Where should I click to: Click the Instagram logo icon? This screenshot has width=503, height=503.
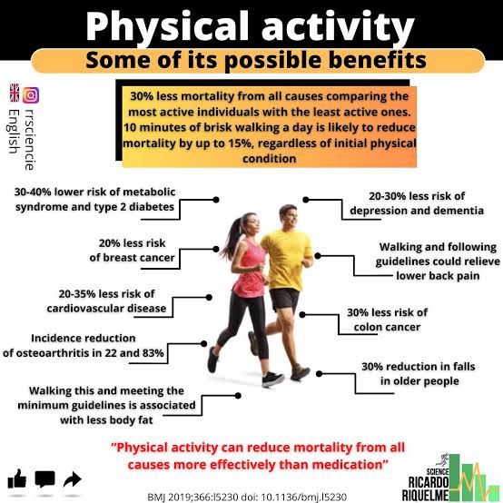pyautogui.click(x=31, y=95)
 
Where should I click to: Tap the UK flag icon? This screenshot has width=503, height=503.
pyautogui.click(x=15, y=93)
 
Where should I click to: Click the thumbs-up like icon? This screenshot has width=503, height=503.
pyautogui.click(x=16, y=478)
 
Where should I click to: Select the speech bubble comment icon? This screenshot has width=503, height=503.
pyautogui.click(x=44, y=479)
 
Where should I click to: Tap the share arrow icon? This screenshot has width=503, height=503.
pyautogui.click(x=73, y=479)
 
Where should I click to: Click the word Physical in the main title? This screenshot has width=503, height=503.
pyautogui.click(x=167, y=26)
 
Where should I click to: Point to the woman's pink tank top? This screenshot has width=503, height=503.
pyautogui.click(x=249, y=268)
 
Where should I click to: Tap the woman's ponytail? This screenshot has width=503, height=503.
pyautogui.click(x=233, y=236)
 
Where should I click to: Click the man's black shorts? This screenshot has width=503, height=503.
pyautogui.click(x=285, y=300)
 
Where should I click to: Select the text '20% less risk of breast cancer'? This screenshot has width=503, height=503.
pyautogui.click(x=133, y=251)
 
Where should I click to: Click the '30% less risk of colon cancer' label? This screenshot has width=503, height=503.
pyautogui.click(x=387, y=320)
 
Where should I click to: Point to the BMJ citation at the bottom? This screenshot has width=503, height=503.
pyautogui.click(x=247, y=497)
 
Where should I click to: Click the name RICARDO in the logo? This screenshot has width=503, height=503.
pyautogui.click(x=429, y=482)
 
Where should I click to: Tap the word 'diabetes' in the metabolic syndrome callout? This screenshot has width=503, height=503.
pyautogui.click(x=152, y=207)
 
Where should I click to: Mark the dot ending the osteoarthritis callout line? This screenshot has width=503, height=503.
pyautogui.click(x=204, y=344)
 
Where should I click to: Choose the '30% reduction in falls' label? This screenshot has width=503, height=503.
pyautogui.click(x=419, y=367)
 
